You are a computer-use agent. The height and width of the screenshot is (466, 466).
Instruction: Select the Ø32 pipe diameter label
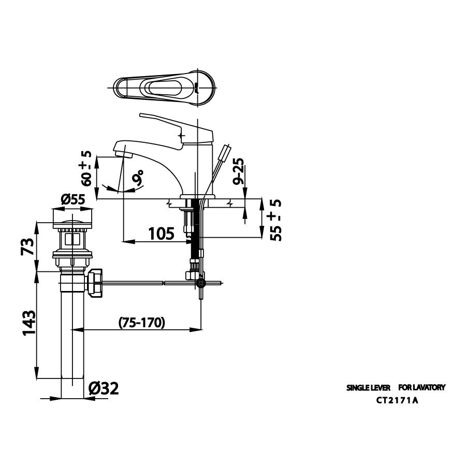(x=104, y=388)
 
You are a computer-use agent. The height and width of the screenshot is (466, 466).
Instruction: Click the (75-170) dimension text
(x=141, y=323)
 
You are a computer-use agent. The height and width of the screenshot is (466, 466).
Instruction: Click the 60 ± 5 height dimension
(x=86, y=168)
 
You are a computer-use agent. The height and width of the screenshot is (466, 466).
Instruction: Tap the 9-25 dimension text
(x=238, y=173)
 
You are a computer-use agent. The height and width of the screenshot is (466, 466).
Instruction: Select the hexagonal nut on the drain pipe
(x=96, y=284)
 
